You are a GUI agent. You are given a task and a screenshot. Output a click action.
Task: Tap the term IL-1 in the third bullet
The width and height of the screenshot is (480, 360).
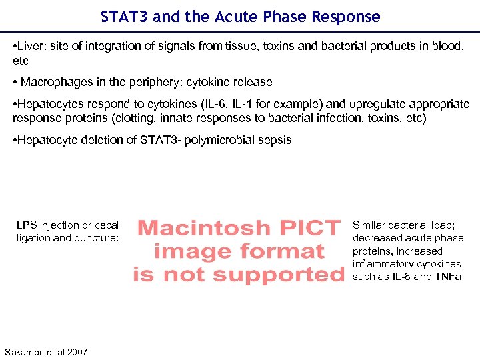(251, 105)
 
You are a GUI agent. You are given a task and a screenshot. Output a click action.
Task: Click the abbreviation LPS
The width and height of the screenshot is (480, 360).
(27, 225)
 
